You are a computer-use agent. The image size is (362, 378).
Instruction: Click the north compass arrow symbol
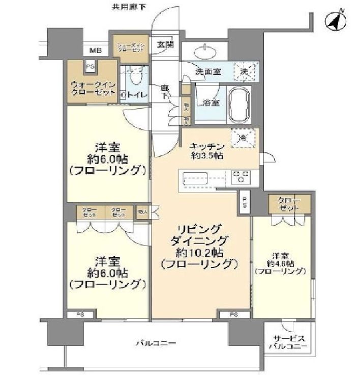pos(336,21)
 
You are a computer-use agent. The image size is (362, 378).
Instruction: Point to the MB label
pos(95,50)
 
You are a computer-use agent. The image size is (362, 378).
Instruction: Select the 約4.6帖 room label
pos(281,263)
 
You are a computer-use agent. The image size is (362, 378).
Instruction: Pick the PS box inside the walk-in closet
pos(90,66)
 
